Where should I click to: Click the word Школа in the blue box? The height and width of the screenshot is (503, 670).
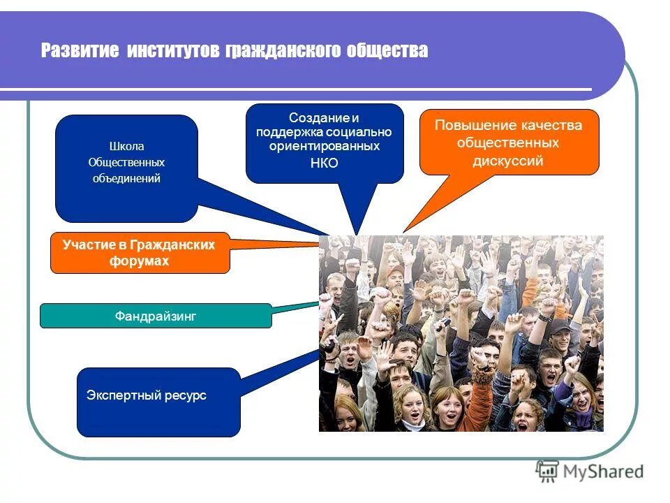click(x=126, y=147)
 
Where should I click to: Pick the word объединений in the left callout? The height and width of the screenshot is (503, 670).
click(x=126, y=178)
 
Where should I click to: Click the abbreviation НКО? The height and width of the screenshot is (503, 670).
click(x=324, y=163)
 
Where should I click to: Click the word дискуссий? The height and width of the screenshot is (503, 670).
click(x=508, y=161)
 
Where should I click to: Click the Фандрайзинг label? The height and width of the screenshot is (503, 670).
click(x=156, y=316)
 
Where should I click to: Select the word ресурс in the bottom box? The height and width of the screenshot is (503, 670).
click(x=186, y=395)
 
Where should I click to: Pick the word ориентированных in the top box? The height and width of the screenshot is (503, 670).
click(x=324, y=147)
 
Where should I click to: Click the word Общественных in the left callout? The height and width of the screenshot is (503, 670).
click(x=126, y=162)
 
